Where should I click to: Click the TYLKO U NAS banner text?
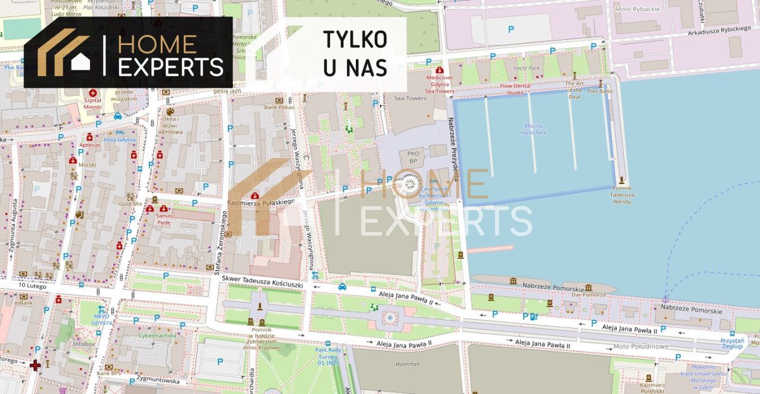coord(355,53)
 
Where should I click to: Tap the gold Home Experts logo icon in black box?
coord(63,52)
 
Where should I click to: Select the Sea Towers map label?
coord(410,98)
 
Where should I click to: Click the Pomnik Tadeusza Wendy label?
coord(622,195)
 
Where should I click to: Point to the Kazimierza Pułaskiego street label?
coord(261,202)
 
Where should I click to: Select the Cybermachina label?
coord(158,336)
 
